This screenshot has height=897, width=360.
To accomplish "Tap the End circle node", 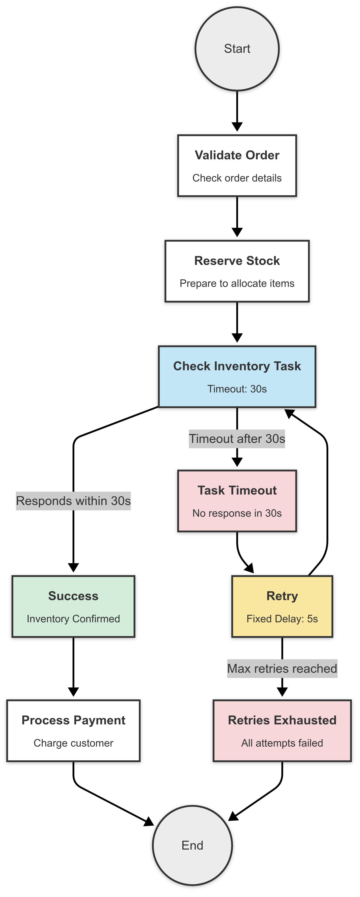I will [192, 845].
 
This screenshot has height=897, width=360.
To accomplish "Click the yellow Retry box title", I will [282, 596].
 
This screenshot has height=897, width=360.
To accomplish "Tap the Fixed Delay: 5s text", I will [282, 619].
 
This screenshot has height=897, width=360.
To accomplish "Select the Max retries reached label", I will [282, 669].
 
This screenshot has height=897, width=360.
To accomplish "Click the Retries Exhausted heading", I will [282, 720].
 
